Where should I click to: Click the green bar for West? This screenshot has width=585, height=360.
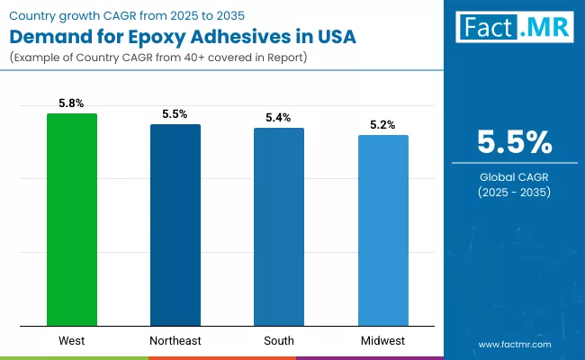click(72, 220)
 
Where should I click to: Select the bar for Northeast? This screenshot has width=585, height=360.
click(175, 225)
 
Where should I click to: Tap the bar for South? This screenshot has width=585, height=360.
click(278, 227)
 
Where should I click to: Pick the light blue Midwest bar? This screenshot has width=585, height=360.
click(382, 230)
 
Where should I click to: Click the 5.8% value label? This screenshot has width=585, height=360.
click(72, 103)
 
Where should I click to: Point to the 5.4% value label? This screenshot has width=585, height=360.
click(278, 118)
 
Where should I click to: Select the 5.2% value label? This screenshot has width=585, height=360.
click(382, 125)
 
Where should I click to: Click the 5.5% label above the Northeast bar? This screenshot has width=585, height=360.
click(175, 114)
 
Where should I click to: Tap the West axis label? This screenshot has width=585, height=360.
click(72, 341)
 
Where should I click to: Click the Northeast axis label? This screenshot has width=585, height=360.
click(175, 341)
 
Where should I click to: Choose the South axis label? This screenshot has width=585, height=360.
click(278, 341)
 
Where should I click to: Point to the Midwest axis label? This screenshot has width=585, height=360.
click(382, 341)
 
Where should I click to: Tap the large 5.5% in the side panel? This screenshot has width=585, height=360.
click(514, 142)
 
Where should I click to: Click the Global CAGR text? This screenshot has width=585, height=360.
click(514, 177)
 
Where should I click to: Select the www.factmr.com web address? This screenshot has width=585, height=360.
click(514, 344)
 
